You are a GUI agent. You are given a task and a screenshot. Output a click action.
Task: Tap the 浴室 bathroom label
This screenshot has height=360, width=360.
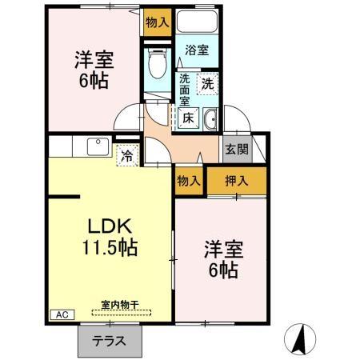pyautogui.click(x=197, y=50)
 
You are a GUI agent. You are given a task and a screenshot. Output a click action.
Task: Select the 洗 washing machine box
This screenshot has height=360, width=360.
pyautogui.click(x=207, y=82)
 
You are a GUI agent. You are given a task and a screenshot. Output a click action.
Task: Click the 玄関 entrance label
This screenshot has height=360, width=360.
pyautogui.click(x=235, y=148)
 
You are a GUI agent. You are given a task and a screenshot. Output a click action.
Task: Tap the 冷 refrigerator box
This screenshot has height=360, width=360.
pyautogui.click(x=126, y=157)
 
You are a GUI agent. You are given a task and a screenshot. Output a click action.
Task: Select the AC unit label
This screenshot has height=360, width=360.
pyautogui.click(x=61, y=314)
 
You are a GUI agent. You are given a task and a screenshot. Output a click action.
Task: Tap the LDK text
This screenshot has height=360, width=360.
pyautogui.click(x=110, y=224)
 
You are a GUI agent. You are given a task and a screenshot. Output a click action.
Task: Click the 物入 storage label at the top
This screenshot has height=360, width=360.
pyautogui.click(x=157, y=22)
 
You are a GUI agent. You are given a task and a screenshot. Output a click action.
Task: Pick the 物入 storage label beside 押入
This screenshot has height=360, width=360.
pyautogui.click(x=189, y=181)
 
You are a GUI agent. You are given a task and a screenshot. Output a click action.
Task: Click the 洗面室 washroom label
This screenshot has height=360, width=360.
pyautogui.click(x=184, y=90)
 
